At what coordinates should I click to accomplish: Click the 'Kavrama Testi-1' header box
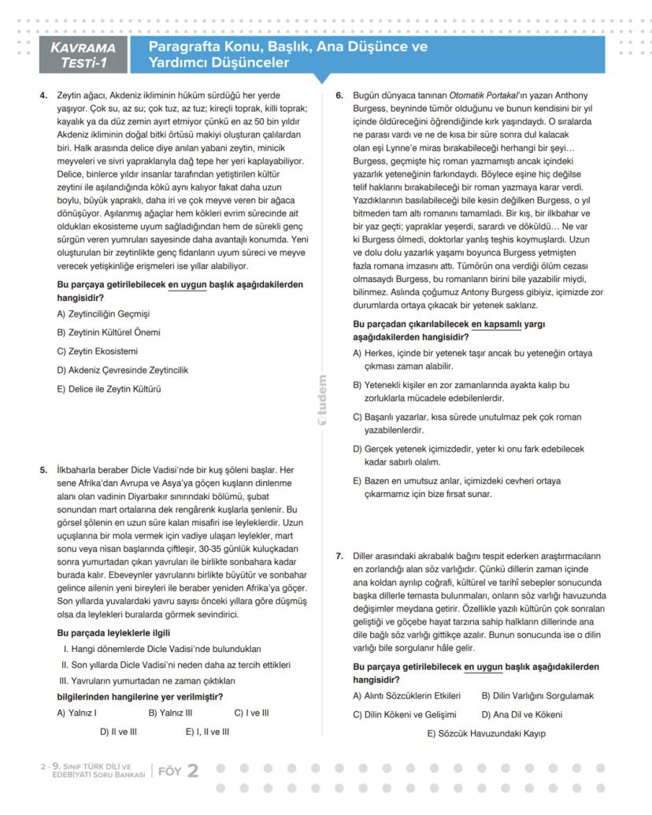coord(83,54)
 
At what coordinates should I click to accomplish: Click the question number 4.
coord(43,95)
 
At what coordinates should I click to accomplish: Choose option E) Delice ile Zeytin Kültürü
coord(109,389)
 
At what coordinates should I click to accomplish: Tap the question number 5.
coord(43,470)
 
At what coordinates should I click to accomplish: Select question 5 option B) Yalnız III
coord(170,713)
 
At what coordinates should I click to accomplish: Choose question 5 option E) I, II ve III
coord(207,732)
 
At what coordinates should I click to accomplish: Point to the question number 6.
coord(339,95)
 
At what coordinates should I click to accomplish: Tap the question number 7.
coord(339,556)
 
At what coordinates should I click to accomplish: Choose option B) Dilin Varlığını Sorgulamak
coord(537,696)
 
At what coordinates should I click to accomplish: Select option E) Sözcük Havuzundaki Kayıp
coord(486,734)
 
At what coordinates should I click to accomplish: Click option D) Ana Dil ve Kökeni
coord(521,715)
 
